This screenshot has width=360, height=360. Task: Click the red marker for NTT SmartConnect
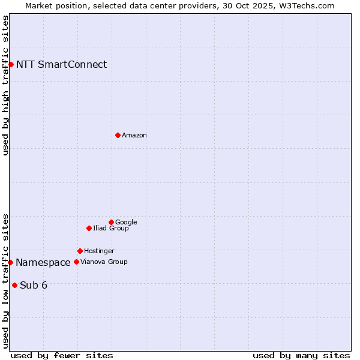(11, 64)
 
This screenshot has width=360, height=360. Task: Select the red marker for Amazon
(118, 135)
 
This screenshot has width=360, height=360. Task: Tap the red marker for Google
(111, 222)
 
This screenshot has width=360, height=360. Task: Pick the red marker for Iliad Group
(89, 228)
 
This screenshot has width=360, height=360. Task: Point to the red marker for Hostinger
(80, 251)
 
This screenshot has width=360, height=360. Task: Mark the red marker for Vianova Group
(76, 262)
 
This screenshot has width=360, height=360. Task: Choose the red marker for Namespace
(10, 262)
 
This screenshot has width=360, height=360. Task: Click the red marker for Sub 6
(14, 285)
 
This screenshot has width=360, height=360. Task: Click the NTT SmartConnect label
(61, 65)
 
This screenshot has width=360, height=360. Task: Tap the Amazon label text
(134, 136)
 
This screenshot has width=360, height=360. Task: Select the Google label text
(126, 223)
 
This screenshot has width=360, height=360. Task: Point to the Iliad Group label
(111, 229)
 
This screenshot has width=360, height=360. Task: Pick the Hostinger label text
(99, 251)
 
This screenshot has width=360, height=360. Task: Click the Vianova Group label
(104, 262)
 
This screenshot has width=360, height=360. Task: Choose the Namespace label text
(43, 263)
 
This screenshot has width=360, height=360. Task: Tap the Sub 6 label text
(34, 286)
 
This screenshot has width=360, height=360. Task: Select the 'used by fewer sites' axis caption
(62, 355)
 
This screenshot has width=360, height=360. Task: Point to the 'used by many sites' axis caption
(301, 355)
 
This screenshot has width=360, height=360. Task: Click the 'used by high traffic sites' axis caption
(6, 85)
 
